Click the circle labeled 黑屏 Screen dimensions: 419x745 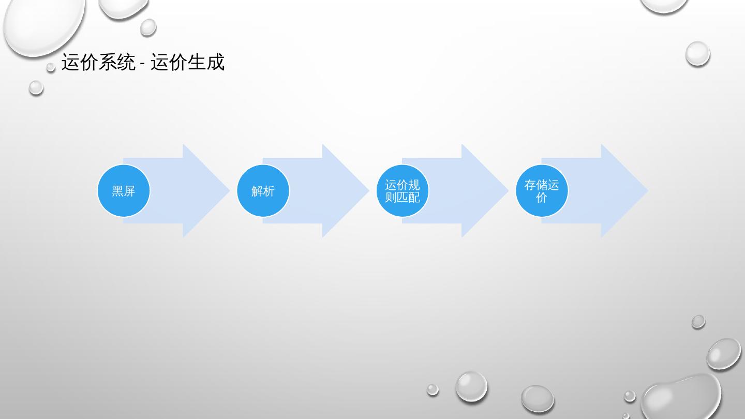[124, 191]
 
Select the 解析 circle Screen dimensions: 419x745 [263, 191]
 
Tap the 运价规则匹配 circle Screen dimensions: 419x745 [403, 191]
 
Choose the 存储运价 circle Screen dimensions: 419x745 [542, 191]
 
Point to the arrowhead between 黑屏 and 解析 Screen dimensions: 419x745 [204, 191]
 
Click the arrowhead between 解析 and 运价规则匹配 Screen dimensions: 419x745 [344, 191]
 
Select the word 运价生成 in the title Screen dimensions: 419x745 [188, 63]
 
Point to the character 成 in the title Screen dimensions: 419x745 [216, 63]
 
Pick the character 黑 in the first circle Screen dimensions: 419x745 [118, 191]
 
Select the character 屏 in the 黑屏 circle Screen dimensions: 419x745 [129, 191]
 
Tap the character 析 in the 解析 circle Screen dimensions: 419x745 [269, 191]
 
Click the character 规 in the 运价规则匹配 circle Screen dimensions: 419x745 [414, 185]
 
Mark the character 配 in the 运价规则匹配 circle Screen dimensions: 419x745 [414, 197]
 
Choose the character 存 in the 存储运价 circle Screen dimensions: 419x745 [530, 185]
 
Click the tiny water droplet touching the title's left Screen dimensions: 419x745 [51, 67]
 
